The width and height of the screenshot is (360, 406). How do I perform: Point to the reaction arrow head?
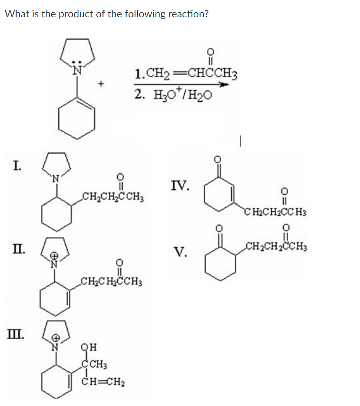(x=225, y=85)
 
